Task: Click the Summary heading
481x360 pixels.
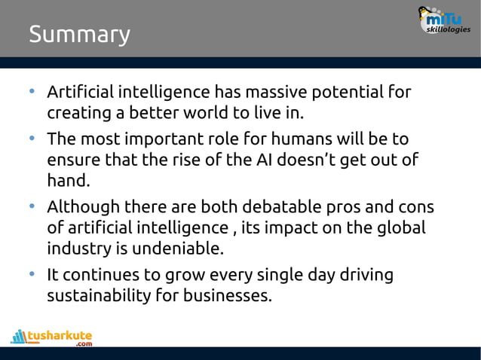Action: (x=79, y=35)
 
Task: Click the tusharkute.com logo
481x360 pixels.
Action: (x=52, y=337)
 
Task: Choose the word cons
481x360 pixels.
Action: (x=414, y=206)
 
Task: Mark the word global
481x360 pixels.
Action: (x=400, y=227)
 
